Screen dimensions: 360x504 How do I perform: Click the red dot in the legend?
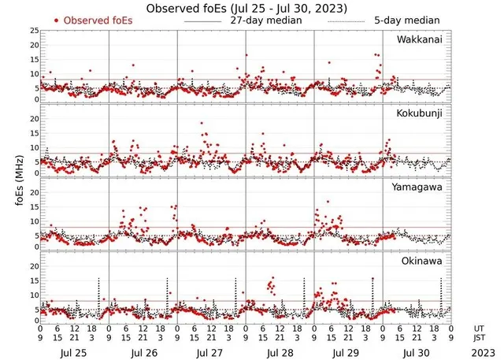coord(57,20)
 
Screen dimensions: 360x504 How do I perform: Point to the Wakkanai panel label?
coord(418,40)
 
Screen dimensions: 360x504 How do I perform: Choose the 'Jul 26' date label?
coord(143,353)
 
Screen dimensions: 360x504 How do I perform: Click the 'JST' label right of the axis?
coord(479,340)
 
